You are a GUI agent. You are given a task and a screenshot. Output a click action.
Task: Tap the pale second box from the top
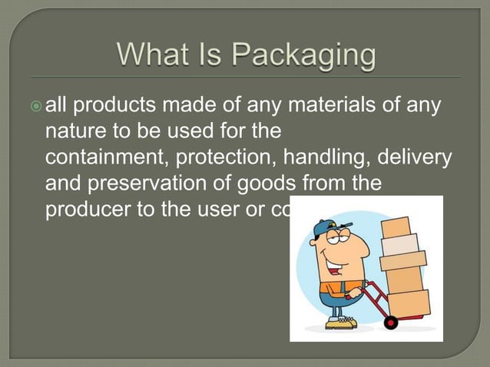(x=400, y=246)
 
